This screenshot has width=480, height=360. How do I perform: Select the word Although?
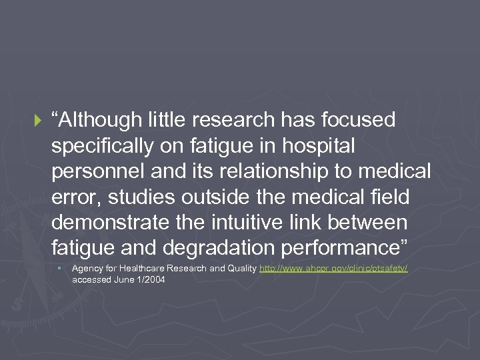pos(101,120)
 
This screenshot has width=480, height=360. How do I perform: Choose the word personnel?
pos(97,171)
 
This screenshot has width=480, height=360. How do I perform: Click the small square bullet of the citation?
pos(59,268)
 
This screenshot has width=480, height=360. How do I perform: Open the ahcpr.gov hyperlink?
pos(333,268)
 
